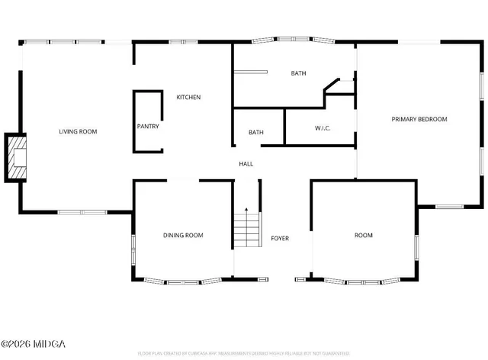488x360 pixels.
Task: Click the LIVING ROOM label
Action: [78, 132]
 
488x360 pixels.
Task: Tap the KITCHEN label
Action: [188, 97]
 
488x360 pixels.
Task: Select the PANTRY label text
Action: [148, 127]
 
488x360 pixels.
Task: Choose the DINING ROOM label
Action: [183, 236]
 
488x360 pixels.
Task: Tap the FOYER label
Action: [280, 239]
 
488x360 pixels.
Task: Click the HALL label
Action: [246, 164]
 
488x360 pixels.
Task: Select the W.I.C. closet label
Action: [323, 127]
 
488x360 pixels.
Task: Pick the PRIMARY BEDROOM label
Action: [419, 119]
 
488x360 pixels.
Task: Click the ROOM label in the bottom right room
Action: [364, 236]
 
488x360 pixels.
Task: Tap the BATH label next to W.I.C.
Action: [255, 133]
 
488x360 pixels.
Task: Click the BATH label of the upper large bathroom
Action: [298, 73]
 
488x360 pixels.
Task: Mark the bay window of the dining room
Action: [183, 281]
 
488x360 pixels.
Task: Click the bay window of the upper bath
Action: [294, 39]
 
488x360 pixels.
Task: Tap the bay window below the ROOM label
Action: [364, 281]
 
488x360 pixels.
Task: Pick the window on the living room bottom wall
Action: [82, 211]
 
